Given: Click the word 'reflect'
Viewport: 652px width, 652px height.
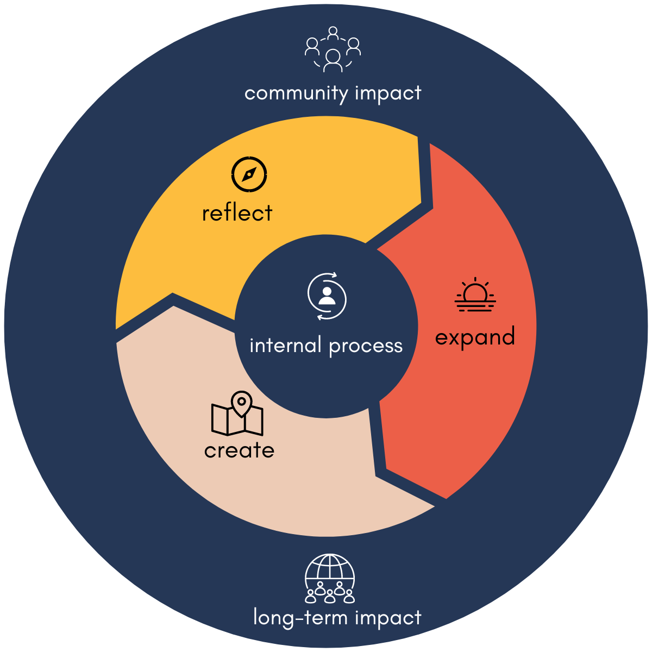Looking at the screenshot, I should [x=237, y=213].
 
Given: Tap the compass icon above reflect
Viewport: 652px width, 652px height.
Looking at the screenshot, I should [x=249, y=175].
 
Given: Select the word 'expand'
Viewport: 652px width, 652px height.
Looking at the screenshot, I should [x=475, y=337].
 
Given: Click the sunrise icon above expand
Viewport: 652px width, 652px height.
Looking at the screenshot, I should [x=475, y=295].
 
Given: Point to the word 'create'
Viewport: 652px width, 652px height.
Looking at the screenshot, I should [x=239, y=450].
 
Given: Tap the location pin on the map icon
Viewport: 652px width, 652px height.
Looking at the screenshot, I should [x=241, y=403].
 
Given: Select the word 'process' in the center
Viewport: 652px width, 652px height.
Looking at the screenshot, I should [x=366, y=346].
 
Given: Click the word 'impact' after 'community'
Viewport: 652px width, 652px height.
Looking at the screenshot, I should [x=388, y=93].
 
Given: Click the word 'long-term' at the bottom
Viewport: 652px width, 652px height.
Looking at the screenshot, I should [x=301, y=618].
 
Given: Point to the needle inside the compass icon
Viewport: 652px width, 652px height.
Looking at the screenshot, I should [x=249, y=175].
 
